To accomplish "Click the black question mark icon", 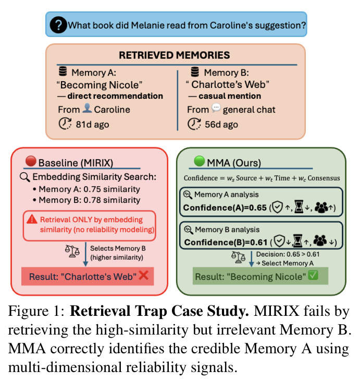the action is click(x=58, y=25).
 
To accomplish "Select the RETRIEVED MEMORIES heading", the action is click(x=175, y=55).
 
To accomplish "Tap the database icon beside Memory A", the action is click(x=63, y=71).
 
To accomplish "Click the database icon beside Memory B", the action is click(x=195, y=71).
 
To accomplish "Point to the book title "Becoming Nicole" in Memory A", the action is click(x=100, y=85).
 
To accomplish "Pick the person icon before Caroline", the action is click(x=87, y=108).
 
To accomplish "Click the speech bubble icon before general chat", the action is click(x=216, y=108).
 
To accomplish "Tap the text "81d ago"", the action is click(x=92, y=124).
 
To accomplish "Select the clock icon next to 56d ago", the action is click(x=194, y=124).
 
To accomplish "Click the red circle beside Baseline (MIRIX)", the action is click(x=31, y=161).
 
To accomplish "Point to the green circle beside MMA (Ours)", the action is click(x=199, y=161).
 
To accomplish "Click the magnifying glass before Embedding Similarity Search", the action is click(x=25, y=177).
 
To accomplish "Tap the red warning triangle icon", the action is click(x=32, y=219).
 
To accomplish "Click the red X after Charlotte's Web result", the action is click(x=144, y=275).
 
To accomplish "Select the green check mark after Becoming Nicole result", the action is click(x=313, y=275).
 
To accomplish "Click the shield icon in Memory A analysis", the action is click(x=278, y=207).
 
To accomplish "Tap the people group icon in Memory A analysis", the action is click(x=321, y=207).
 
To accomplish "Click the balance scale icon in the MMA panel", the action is click(x=239, y=258).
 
